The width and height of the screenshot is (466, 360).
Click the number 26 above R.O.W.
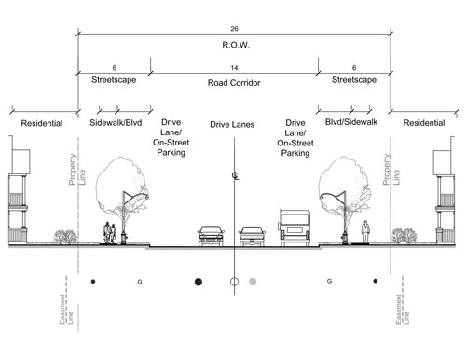coord(234,27)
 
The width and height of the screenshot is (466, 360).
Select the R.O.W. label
coord(234,47)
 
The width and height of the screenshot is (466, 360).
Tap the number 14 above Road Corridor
coord(234,68)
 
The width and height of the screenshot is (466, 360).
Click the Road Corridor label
coord(234,83)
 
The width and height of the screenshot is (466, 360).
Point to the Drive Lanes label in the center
coord(233,123)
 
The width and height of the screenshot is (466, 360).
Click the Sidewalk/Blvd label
coord(115,123)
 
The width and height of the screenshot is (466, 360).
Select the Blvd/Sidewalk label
coord(351,123)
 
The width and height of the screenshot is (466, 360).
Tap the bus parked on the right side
coord(294,228)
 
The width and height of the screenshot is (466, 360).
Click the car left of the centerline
coord(210,236)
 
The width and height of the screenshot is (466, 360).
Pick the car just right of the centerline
coord(253,236)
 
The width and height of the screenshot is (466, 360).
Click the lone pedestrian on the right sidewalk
coord(366,231)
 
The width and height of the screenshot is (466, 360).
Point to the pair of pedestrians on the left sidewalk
coord(111,232)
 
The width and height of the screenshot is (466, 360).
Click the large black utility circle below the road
coord(199,280)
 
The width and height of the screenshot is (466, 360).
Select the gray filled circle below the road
coord(253,280)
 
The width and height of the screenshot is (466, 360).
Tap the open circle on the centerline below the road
coord(234,280)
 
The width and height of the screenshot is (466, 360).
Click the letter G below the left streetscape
coord(139,280)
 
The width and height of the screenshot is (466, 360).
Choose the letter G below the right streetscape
coord(329,280)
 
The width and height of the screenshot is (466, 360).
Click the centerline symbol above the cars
coord(234,176)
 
